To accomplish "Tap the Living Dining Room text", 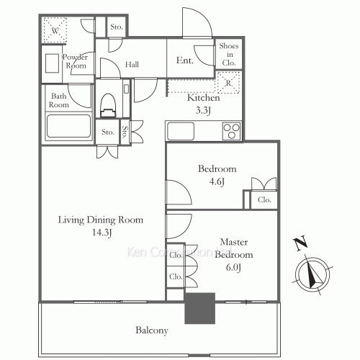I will click(100, 220).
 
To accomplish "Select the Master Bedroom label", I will click(236, 249).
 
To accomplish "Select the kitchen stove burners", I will click(232, 130).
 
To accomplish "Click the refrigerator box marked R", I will click(228, 82).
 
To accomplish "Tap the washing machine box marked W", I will click(55, 31).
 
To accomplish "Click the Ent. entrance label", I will click(185, 61).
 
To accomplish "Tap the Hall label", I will click(132, 65).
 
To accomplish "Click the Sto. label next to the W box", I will click(116, 27).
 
